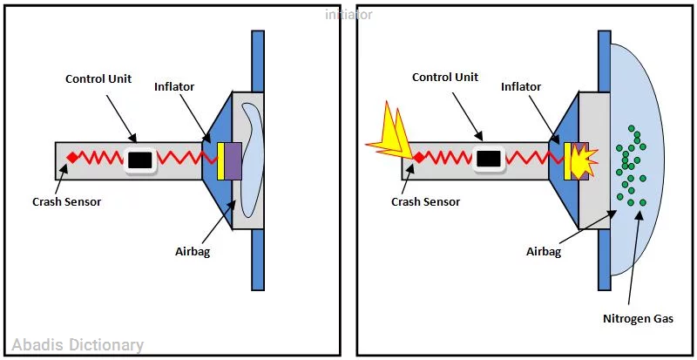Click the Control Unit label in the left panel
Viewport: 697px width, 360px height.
pyautogui.click(x=99, y=79)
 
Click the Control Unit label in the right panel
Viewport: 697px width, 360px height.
pyautogui.click(x=445, y=78)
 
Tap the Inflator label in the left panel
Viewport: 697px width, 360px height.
pyautogui.click(x=174, y=87)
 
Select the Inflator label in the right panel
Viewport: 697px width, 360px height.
pyautogui.click(x=521, y=87)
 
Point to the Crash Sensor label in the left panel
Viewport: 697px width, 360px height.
pyautogui.click(x=67, y=201)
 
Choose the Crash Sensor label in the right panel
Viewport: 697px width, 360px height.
pyautogui.click(x=425, y=201)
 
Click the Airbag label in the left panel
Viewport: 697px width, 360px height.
pyautogui.click(x=193, y=252)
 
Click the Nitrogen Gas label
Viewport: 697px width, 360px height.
pyautogui.click(x=639, y=318)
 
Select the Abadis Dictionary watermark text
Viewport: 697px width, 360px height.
pyautogui.click(x=78, y=345)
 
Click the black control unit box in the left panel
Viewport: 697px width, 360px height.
pyautogui.click(x=140, y=160)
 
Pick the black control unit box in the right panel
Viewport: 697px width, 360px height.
pyautogui.click(x=489, y=159)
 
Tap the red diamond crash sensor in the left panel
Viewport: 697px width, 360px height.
pyautogui.click(x=73, y=157)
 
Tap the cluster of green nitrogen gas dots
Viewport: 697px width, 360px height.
pyautogui.click(x=630, y=166)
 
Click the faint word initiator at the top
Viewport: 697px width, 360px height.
pyautogui.click(x=348, y=14)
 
